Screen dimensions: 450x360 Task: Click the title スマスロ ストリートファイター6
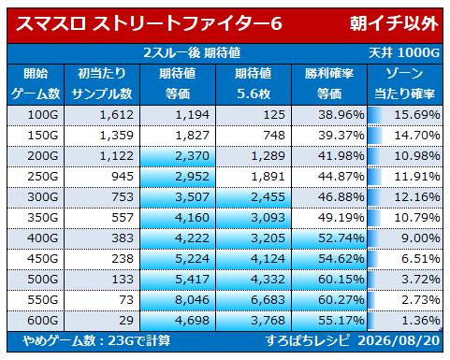pos(149,23)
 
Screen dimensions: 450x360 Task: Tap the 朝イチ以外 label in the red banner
pos(394,23)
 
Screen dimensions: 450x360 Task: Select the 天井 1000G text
pos(404,52)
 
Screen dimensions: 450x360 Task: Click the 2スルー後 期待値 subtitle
pos(192,52)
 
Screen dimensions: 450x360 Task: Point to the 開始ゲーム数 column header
pos(36,84)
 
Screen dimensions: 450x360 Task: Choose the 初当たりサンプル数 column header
pos(102,84)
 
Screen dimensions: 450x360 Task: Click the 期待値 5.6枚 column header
pos(253,84)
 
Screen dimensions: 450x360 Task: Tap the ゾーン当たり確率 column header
pos(404,84)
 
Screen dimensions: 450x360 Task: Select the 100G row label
pos(43,115)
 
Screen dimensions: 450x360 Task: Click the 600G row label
pos(43,321)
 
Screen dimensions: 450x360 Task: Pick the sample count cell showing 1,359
pos(116,136)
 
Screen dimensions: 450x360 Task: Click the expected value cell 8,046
pos(192,300)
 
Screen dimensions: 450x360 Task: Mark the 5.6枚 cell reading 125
pos(274,115)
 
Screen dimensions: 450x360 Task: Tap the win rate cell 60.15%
pos(341,280)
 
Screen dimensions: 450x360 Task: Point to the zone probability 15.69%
pos(417,115)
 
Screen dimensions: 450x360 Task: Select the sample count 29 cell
pos(126,321)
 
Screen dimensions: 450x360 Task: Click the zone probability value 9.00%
pos(421,238)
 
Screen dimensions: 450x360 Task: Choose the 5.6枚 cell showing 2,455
pos(268,197)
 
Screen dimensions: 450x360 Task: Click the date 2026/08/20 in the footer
pos(399,340)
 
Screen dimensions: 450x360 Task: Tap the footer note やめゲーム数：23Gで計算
pos(96,340)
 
